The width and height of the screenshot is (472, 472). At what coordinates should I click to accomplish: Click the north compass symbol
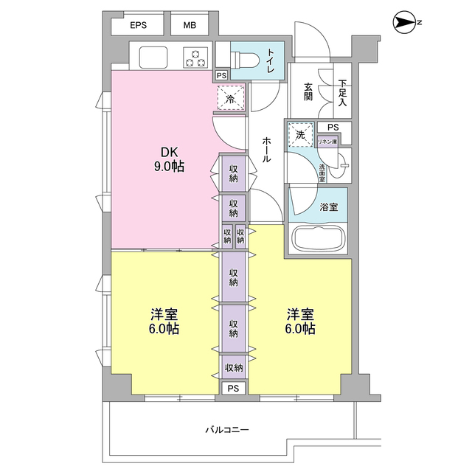click(x=404, y=22)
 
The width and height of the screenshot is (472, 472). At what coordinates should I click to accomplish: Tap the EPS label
click(x=139, y=25)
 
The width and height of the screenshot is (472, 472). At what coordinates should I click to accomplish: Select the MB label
click(x=190, y=25)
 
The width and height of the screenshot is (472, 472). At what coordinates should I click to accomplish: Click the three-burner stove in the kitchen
click(x=195, y=58)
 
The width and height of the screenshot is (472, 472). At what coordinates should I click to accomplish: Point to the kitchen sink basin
click(x=153, y=58)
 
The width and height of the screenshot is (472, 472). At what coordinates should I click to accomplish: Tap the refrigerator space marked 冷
click(x=231, y=98)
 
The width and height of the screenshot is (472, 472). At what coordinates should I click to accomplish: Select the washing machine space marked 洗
click(x=300, y=134)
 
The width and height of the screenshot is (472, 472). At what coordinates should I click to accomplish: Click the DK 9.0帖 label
click(x=169, y=159)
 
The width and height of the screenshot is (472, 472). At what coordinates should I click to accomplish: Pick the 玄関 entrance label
click(x=308, y=91)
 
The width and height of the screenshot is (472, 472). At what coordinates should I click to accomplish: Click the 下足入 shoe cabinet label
click(x=342, y=93)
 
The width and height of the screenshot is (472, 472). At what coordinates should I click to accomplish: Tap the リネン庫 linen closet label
click(x=327, y=142)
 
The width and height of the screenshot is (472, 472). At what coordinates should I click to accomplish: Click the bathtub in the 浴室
click(x=319, y=238)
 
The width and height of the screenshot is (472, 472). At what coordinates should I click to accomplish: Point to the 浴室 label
click(x=329, y=206)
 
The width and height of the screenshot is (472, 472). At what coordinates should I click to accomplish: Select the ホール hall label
click(x=265, y=150)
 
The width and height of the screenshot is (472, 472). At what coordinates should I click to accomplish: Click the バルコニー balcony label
click(x=227, y=429)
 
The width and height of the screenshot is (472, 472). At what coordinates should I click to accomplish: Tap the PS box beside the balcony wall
click(x=233, y=389)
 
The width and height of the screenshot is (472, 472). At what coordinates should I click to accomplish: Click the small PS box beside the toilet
click(x=221, y=75)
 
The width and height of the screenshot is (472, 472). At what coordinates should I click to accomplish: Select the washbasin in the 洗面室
click(x=339, y=165)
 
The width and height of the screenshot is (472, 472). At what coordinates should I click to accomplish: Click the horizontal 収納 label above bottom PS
click(x=234, y=367)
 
